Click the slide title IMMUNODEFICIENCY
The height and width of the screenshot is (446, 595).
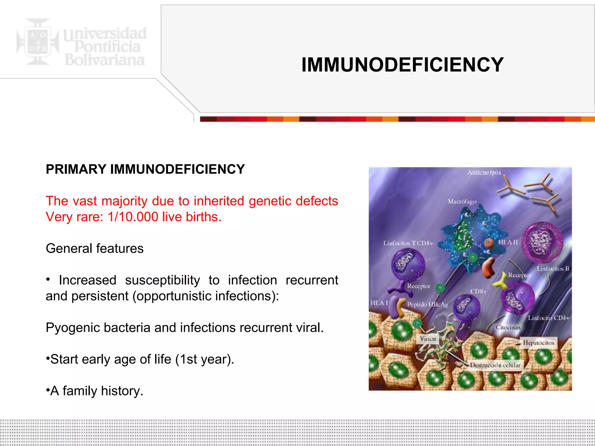[x=402, y=64]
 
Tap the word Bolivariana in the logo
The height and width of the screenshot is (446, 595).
[x=105, y=60]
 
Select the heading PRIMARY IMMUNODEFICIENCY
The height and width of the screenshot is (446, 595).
[x=145, y=169]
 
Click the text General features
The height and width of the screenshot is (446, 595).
[x=95, y=249]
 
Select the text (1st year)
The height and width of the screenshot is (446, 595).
[x=205, y=359]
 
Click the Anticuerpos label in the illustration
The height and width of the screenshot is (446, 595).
[x=484, y=173]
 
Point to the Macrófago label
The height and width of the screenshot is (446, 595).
[x=462, y=202]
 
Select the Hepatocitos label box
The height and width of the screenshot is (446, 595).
[x=538, y=343]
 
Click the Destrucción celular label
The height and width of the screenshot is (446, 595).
[x=495, y=365]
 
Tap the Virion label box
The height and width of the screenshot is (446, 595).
[x=428, y=339]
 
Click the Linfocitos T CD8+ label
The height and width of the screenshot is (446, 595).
[x=408, y=243]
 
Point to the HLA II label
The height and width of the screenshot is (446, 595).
[x=508, y=242]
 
